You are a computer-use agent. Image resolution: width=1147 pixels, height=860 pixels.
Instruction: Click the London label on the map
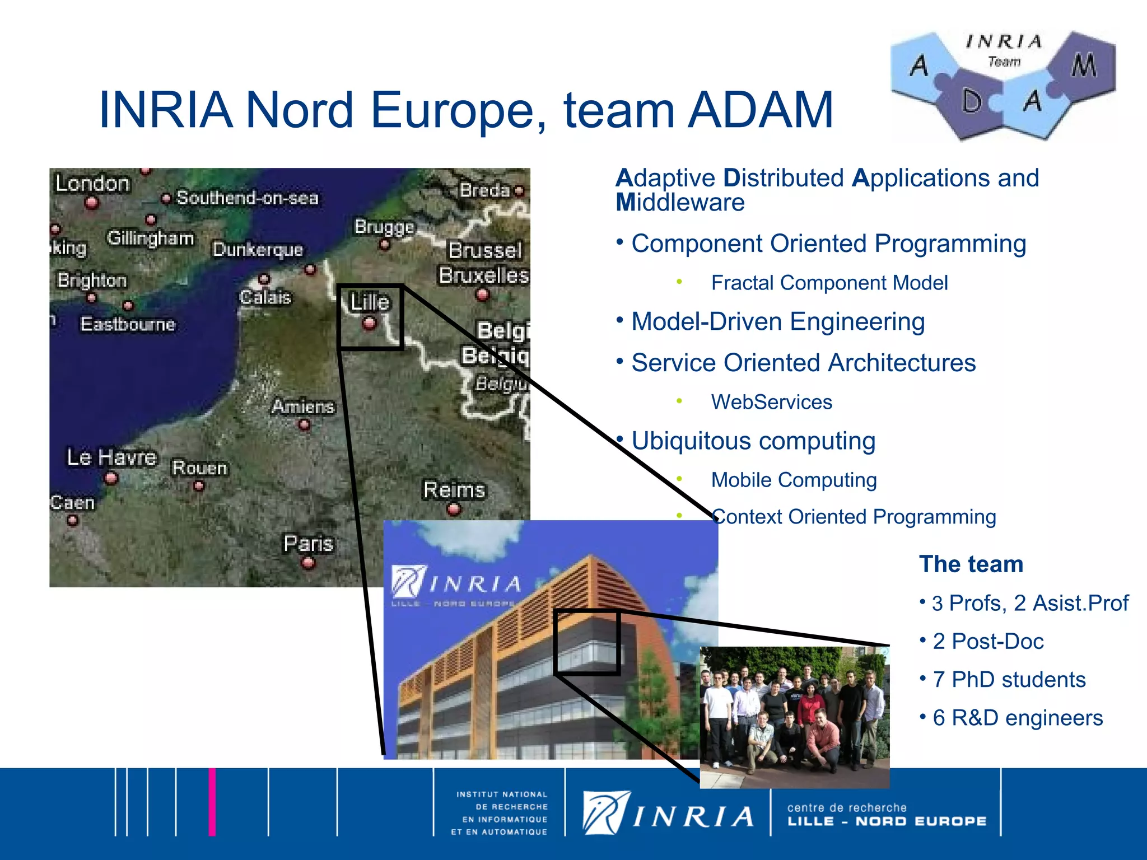(x=92, y=184)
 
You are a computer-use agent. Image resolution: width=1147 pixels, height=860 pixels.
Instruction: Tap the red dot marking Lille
(x=369, y=323)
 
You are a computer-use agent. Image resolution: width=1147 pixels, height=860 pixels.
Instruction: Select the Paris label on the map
(x=308, y=543)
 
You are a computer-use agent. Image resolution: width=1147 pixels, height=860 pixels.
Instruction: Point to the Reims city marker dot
(x=454, y=510)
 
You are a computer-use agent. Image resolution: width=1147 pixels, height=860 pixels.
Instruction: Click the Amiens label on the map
(x=303, y=406)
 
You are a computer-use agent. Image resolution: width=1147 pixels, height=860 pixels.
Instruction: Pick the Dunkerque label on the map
(x=258, y=249)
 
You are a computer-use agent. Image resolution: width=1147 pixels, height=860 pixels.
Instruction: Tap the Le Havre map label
(x=111, y=457)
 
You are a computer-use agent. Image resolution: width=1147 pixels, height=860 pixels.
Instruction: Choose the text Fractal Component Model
(x=829, y=283)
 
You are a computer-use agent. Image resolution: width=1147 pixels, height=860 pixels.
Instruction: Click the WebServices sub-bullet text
(x=771, y=402)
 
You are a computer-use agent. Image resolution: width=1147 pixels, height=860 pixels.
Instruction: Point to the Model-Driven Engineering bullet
(x=777, y=322)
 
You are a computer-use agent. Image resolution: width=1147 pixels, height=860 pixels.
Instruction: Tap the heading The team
(x=971, y=564)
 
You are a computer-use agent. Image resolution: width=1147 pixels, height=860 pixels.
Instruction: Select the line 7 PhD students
(x=1009, y=680)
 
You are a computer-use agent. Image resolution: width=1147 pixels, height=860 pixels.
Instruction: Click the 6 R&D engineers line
(x=1017, y=718)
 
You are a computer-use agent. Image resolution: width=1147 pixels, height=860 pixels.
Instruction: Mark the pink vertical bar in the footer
(x=212, y=802)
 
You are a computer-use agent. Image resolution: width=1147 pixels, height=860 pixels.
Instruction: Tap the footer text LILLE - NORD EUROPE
(x=887, y=821)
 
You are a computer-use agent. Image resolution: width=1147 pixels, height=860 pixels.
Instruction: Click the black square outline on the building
(x=587, y=642)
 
